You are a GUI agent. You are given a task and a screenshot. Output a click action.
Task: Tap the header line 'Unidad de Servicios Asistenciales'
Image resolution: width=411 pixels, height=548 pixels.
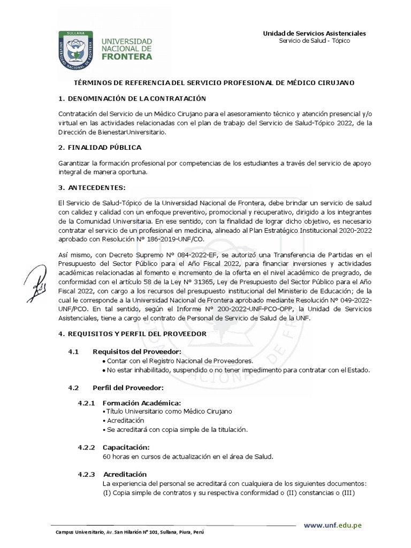tap(314, 33)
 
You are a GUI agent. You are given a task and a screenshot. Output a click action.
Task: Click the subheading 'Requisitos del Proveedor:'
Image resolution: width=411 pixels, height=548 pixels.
tap(137, 352)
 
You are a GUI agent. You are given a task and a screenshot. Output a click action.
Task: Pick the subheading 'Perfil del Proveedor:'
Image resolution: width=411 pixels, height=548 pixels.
tap(128, 387)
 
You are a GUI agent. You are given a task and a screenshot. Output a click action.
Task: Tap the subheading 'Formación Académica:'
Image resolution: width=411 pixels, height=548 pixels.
tap(141, 402)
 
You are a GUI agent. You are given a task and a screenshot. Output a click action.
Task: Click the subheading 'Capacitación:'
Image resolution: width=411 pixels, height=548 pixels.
tap(126, 447)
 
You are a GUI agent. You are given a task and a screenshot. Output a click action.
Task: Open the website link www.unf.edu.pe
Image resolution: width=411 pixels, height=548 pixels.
tap(333, 525)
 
